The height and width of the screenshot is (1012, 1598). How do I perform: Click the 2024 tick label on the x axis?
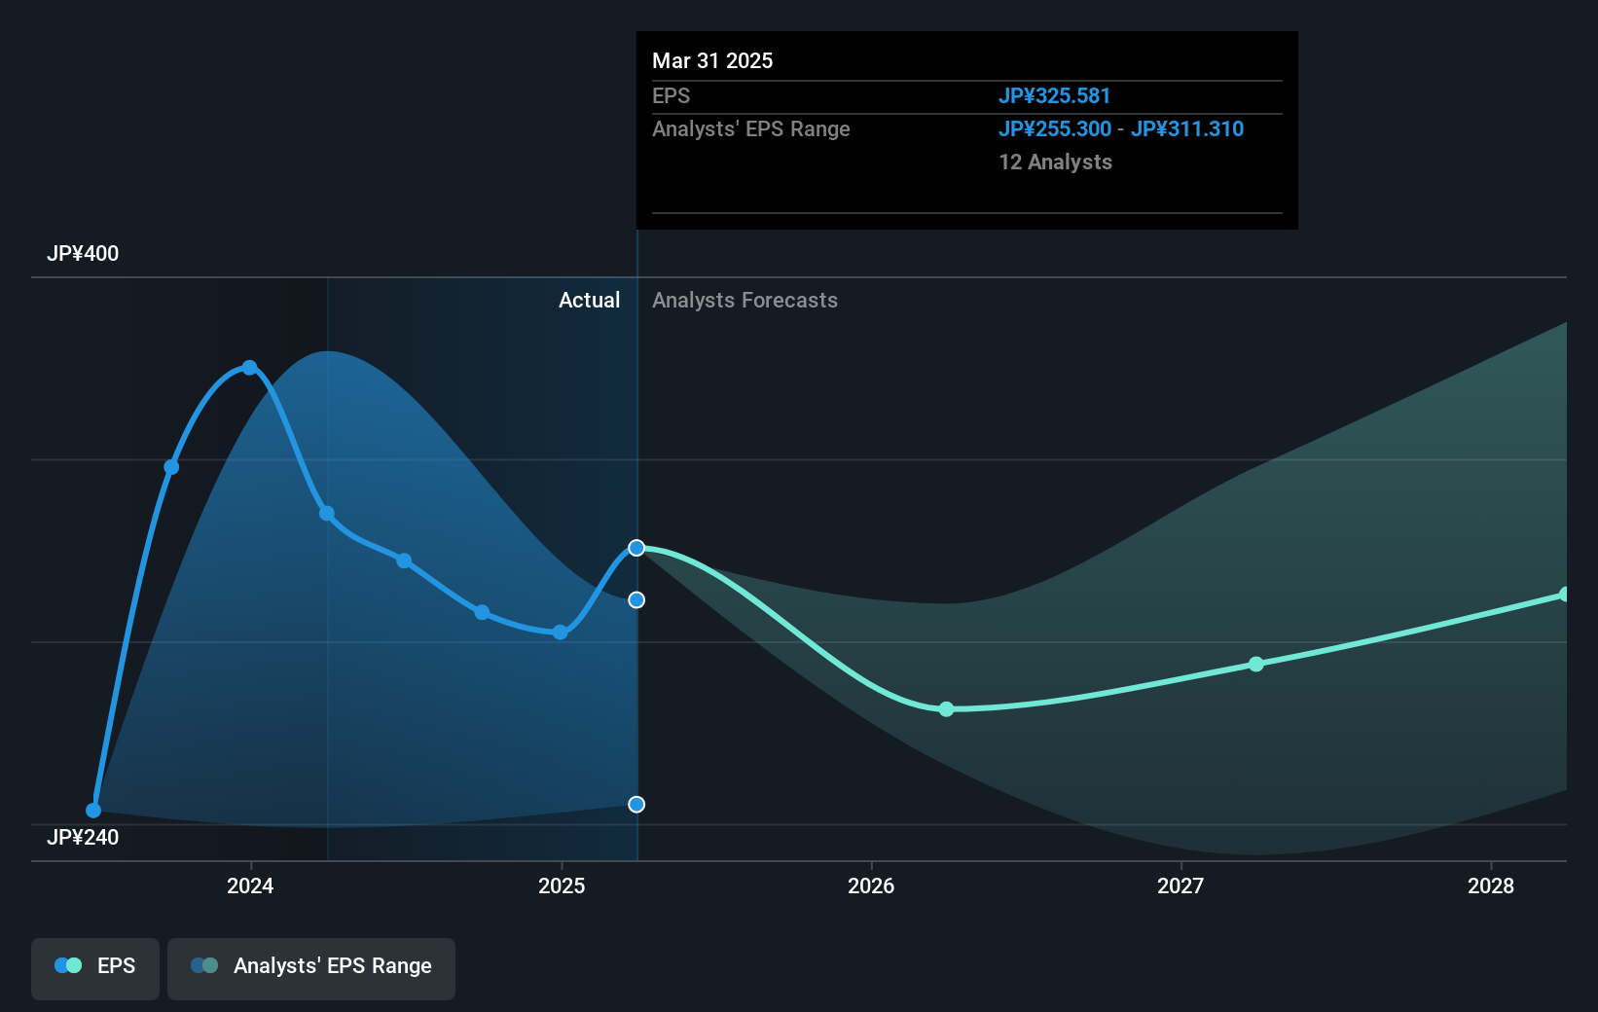pyautogui.click(x=250, y=885)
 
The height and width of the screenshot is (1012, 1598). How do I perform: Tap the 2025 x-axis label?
pyautogui.click(x=562, y=885)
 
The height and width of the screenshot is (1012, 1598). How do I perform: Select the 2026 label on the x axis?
pyautogui.click(x=871, y=885)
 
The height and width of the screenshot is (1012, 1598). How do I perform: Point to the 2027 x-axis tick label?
pyautogui.click(x=1180, y=885)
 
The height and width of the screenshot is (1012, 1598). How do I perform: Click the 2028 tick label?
pyautogui.click(x=1491, y=885)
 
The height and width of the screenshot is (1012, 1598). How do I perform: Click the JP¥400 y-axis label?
pyautogui.click(x=83, y=254)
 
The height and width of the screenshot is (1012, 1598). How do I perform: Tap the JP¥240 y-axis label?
pyautogui.click(x=83, y=838)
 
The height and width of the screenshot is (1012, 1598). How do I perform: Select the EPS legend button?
pyautogui.click(x=95, y=966)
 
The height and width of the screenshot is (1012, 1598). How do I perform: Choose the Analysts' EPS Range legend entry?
pyautogui.click(x=311, y=966)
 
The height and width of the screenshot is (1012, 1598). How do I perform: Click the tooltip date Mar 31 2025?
pyautogui.click(x=712, y=61)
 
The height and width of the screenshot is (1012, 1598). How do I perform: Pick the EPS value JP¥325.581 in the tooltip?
pyautogui.click(x=1054, y=96)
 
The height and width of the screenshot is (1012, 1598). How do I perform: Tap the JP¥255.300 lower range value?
pyautogui.click(x=1054, y=129)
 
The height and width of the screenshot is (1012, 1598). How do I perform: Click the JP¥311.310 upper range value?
pyautogui.click(x=1186, y=129)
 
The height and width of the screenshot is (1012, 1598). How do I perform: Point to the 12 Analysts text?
pyautogui.click(x=1055, y=163)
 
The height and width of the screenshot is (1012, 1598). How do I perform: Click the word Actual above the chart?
pyautogui.click(x=589, y=301)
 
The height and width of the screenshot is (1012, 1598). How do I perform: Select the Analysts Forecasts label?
pyautogui.click(x=745, y=301)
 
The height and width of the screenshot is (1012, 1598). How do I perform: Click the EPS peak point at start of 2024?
pyautogui.click(x=250, y=368)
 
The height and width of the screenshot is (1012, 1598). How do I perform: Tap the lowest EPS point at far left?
pyautogui.click(x=93, y=810)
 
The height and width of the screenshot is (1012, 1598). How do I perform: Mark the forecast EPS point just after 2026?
pyautogui.click(x=946, y=709)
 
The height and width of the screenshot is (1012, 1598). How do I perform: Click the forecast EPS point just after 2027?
pyautogui.click(x=1256, y=664)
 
